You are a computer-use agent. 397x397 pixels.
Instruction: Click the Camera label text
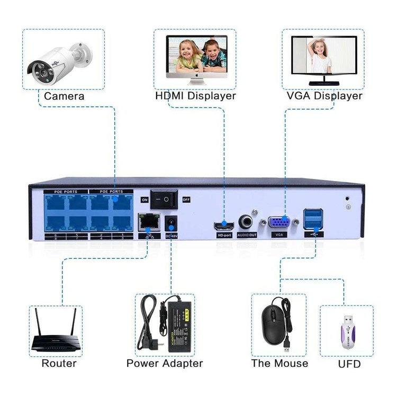tap(64, 96)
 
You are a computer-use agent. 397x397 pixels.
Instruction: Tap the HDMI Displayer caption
tap(195, 96)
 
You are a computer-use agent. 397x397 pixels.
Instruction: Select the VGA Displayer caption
tap(324, 96)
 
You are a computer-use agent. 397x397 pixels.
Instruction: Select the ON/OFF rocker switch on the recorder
tap(164, 200)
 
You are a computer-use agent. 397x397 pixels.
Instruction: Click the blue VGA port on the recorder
tap(279, 222)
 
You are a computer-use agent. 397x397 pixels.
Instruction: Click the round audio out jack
tap(246, 222)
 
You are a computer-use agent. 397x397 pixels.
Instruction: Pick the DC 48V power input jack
tap(171, 222)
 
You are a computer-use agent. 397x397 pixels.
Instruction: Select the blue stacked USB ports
tap(313, 218)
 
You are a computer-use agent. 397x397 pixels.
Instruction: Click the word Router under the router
tap(59, 364)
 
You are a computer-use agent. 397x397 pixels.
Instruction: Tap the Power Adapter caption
tap(165, 364)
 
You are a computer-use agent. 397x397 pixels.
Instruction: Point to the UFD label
tap(349, 364)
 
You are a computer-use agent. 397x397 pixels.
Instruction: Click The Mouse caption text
tap(279, 364)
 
